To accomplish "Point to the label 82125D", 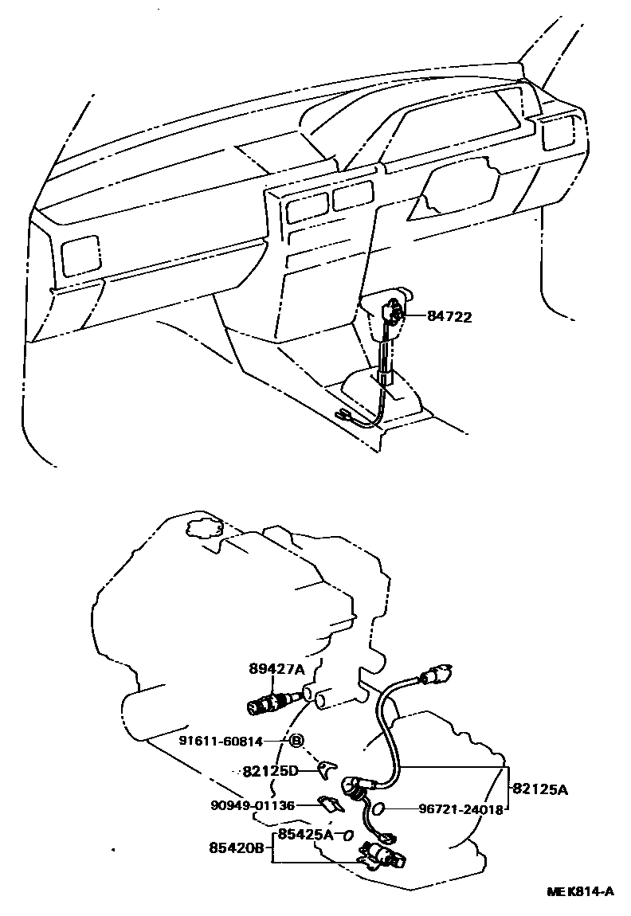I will point(270,771).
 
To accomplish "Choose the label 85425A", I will point(306,835).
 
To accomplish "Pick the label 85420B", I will point(237,848).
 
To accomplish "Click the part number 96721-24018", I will point(461,809).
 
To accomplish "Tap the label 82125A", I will point(540,789).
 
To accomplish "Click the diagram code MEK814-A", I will point(580,891).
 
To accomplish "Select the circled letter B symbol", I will point(296,741).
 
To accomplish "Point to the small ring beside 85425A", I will point(347,836).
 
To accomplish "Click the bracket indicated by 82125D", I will point(325,769).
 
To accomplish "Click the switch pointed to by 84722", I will point(394,313).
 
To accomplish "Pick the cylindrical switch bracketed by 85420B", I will point(380,856).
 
